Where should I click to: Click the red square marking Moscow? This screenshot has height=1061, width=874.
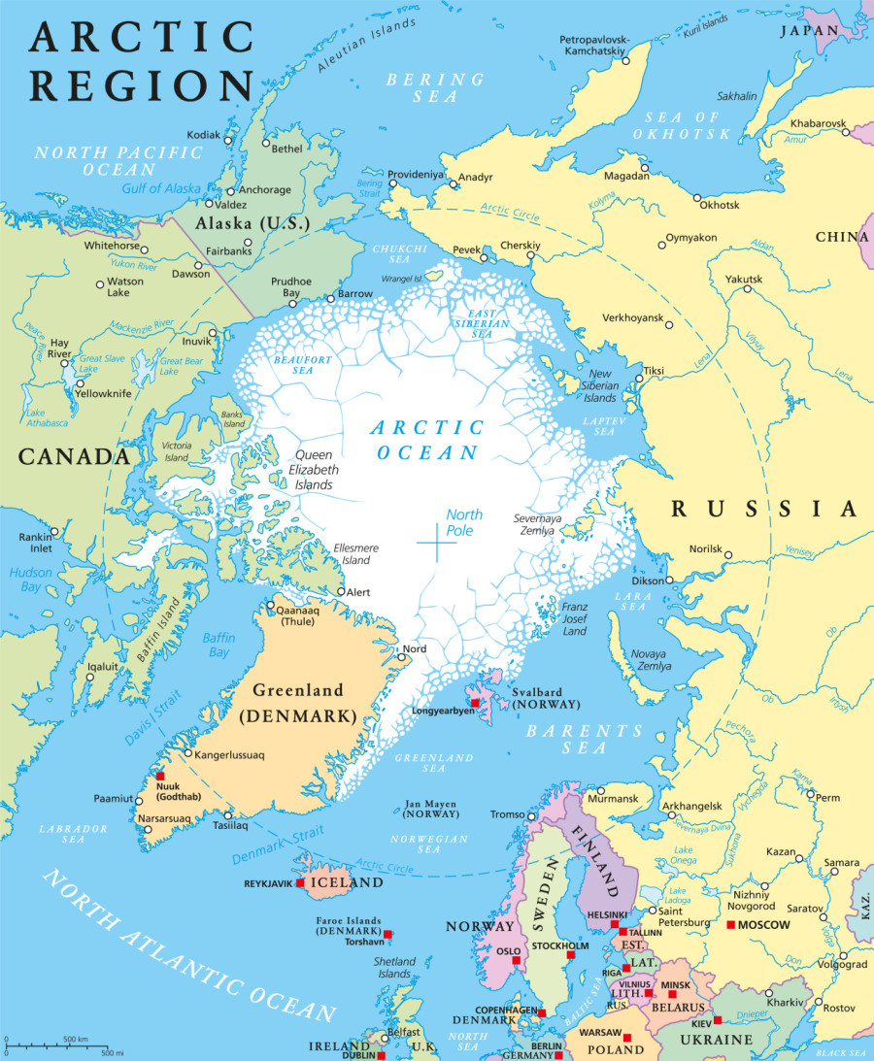pyautogui.click(x=731, y=924)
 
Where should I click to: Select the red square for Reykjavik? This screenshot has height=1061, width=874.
pyautogui.click(x=300, y=882)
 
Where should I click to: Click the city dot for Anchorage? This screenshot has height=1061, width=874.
pyautogui.click(x=230, y=190)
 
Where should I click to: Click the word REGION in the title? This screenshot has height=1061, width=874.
pyautogui.click(x=141, y=84)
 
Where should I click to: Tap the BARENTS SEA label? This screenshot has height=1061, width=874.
pyautogui.click(x=585, y=739)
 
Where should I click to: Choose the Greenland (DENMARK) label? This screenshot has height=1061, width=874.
pyautogui.click(x=298, y=704)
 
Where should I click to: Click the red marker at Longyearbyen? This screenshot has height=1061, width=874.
pyautogui.click(x=475, y=702)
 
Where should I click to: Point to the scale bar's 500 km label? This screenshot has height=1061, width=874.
pyautogui.click(x=77, y=1039)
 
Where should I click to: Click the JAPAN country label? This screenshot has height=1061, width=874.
pyautogui.click(x=811, y=30)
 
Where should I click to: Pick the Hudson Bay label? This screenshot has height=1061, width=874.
pyautogui.click(x=31, y=580)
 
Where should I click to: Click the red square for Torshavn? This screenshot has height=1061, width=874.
pyautogui.click(x=387, y=934)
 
